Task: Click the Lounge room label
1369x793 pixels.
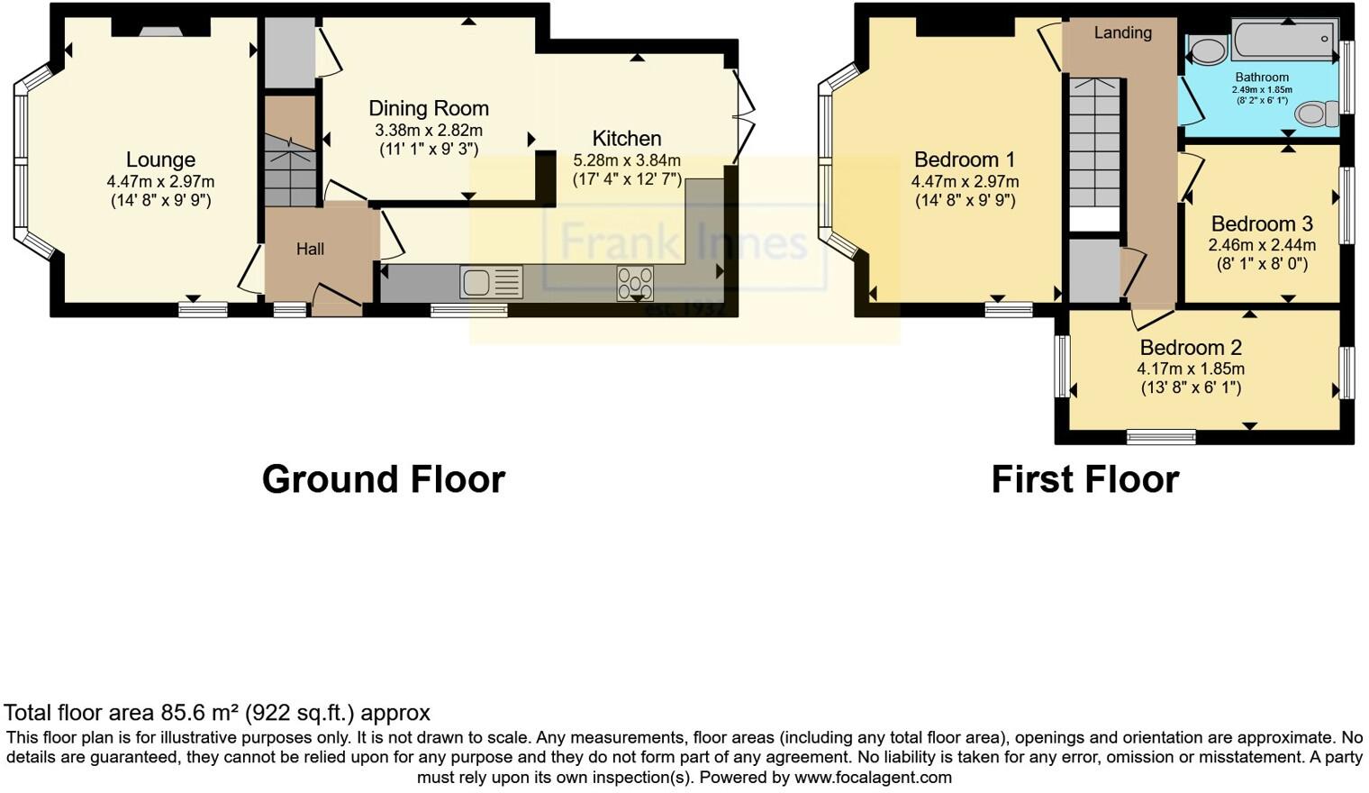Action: (x=160, y=160)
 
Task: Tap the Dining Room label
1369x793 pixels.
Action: (x=429, y=109)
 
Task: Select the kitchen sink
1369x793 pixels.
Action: (x=491, y=282)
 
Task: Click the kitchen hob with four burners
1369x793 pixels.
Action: (x=635, y=283)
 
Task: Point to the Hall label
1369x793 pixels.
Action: (x=310, y=250)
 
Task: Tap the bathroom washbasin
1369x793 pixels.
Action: (x=1207, y=49)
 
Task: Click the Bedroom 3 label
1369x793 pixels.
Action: (x=1262, y=224)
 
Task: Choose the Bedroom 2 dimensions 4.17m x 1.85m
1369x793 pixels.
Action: (x=1191, y=369)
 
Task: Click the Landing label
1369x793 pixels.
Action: (x=1122, y=33)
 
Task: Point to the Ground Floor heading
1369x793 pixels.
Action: (x=384, y=479)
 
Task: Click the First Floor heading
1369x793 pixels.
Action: (x=1084, y=479)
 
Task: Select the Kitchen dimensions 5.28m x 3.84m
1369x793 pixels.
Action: (x=627, y=160)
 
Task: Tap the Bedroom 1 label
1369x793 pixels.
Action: (x=965, y=160)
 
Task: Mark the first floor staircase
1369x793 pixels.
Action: (x=1094, y=144)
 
